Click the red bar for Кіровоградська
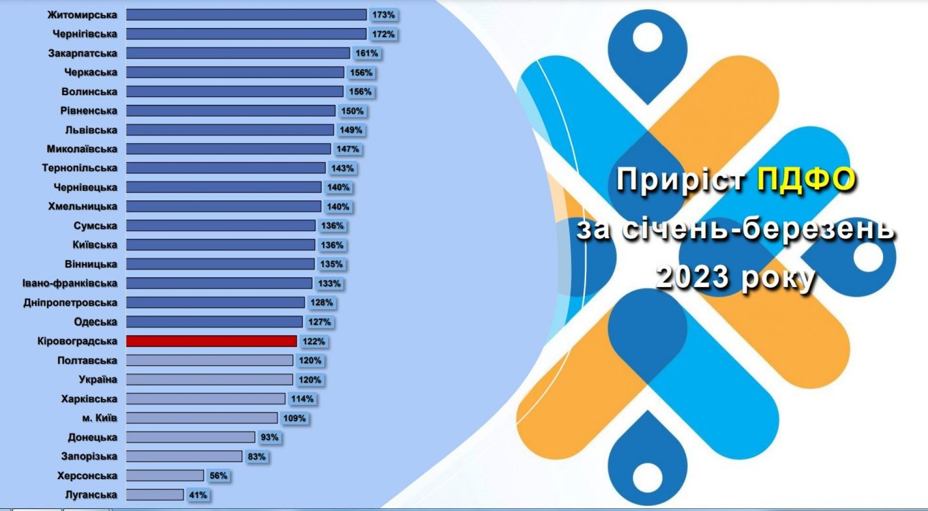[x=212, y=341]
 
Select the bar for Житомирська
[x=246, y=15]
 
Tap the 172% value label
[x=383, y=34]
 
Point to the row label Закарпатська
[x=83, y=53]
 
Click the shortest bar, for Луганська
[x=155, y=495]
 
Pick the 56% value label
[x=218, y=476]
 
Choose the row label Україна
[x=98, y=380]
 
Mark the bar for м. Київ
[x=202, y=418]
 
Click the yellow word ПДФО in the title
[x=806, y=180]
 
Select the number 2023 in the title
[x=692, y=277]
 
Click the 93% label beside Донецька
[x=270, y=437]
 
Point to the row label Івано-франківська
[x=70, y=284]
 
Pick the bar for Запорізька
[x=184, y=456]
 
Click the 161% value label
[x=367, y=53]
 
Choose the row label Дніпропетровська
[x=71, y=303]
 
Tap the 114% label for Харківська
[x=302, y=399]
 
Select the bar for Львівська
[x=230, y=130]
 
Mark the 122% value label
[x=314, y=341]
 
